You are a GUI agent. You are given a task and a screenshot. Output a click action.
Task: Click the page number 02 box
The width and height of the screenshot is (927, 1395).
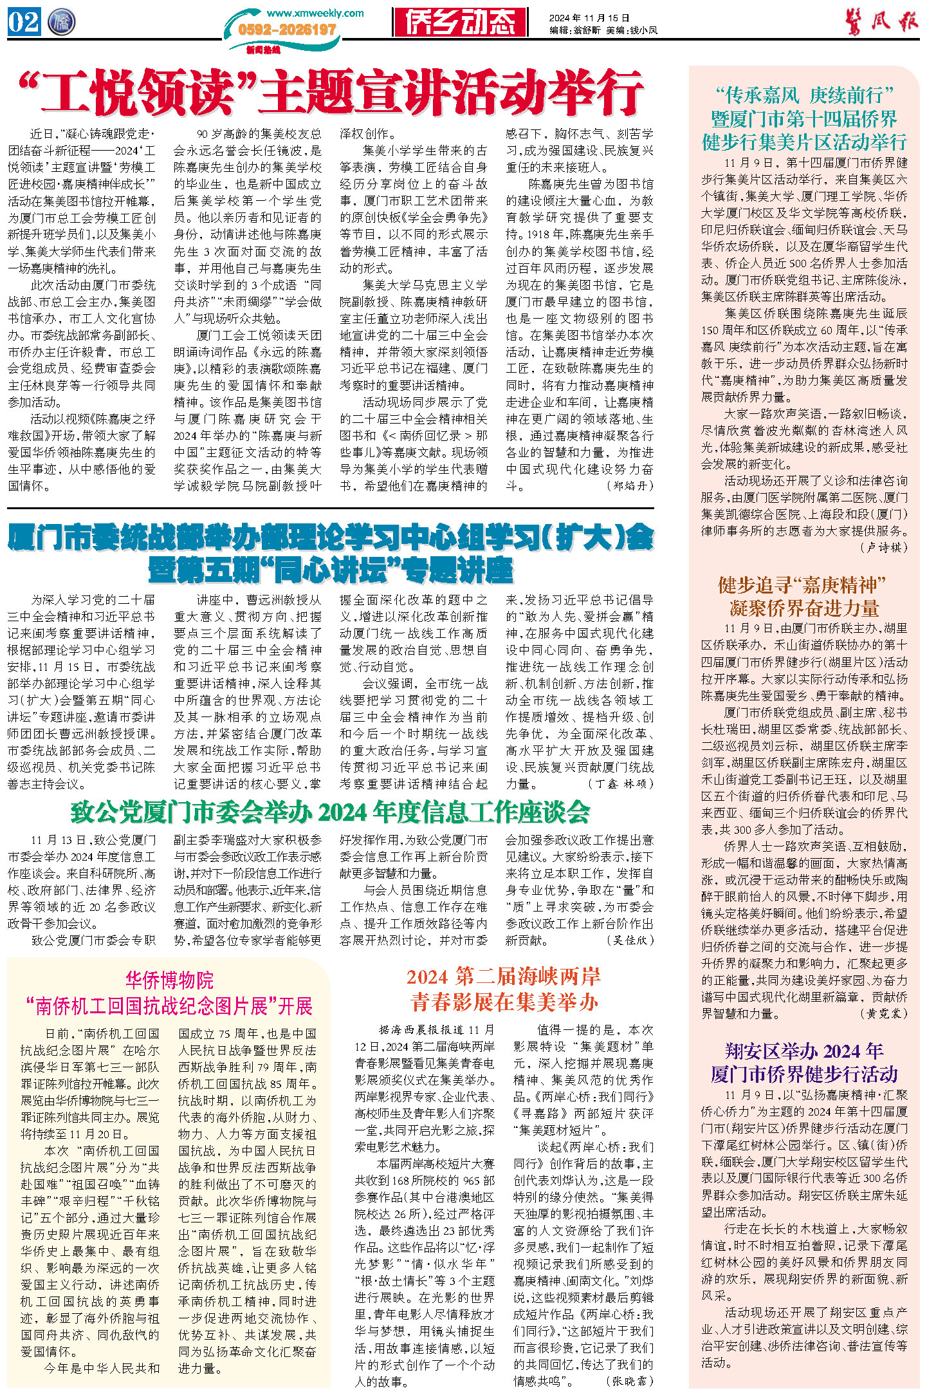pyautogui.click(x=24, y=22)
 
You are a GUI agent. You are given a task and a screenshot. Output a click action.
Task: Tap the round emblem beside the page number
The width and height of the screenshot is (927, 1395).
pyautogui.click(x=61, y=22)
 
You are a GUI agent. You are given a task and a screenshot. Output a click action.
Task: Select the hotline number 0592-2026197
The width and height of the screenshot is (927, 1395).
pyautogui.click(x=287, y=30)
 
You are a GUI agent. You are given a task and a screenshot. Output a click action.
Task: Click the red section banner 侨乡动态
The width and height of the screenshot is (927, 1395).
pyautogui.click(x=460, y=23)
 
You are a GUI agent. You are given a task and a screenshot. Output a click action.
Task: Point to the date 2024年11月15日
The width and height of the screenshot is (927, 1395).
pyautogui.click(x=589, y=18)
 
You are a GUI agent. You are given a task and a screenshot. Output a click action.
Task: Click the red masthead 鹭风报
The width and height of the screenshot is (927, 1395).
pyautogui.click(x=881, y=23)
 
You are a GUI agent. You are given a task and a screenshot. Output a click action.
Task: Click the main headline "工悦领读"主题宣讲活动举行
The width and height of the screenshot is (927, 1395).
pyautogui.click(x=331, y=93)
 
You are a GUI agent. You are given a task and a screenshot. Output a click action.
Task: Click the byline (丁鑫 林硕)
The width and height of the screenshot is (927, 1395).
pyautogui.click(x=620, y=783)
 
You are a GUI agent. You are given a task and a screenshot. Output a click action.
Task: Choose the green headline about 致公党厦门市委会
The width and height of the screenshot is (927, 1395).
pyautogui.click(x=330, y=812)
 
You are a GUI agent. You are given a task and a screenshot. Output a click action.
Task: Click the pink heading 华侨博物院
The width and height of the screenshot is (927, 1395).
pyautogui.click(x=169, y=980)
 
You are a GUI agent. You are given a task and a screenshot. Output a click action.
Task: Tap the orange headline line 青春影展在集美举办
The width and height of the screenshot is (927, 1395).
pyautogui.click(x=504, y=1002)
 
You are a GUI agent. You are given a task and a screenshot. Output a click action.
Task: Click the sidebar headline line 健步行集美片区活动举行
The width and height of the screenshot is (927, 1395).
pyautogui.click(x=804, y=142)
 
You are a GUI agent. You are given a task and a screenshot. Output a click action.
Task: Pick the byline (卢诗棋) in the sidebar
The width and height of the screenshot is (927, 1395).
pyautogui.click(x=884, y=547)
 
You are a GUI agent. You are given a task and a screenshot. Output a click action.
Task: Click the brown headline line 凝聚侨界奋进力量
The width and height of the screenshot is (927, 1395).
pyautogui.click(x=804, y=608)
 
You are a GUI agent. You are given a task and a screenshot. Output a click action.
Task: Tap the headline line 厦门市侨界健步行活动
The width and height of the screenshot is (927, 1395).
pyautogui.click(x=804, y=1074)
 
